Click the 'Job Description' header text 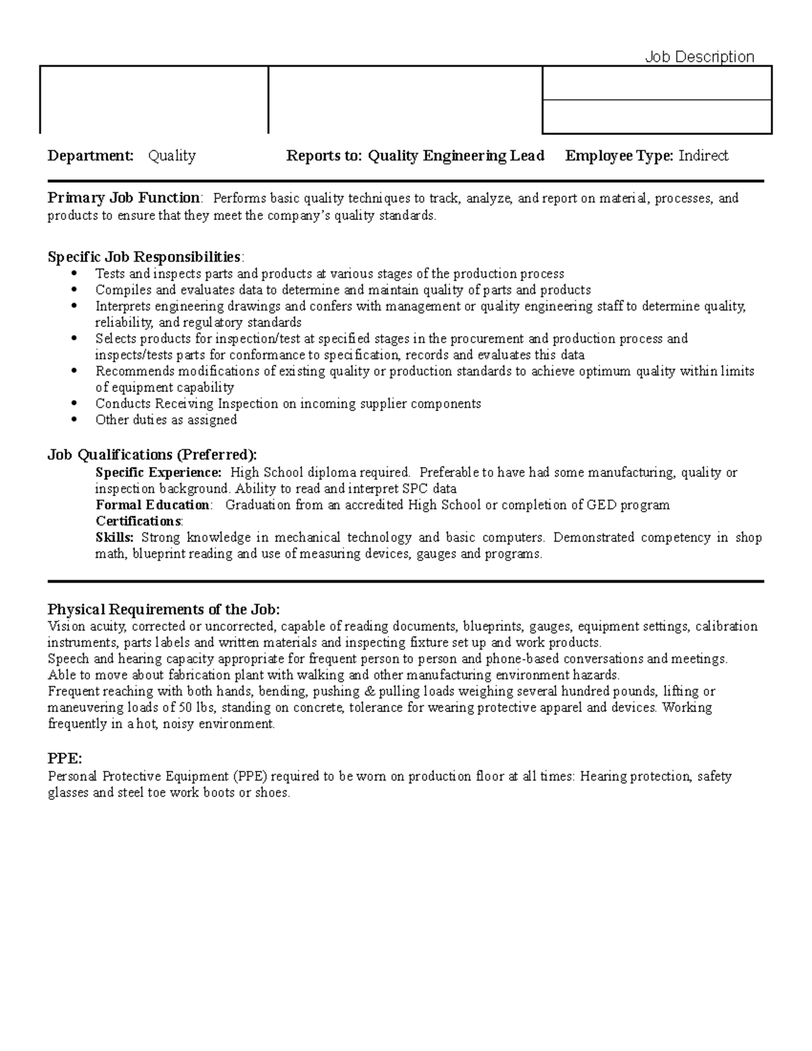pos(699,57)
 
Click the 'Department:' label pos(91,156)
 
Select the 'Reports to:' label pos(324,156)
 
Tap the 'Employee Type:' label pos(619,156)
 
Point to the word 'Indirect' pos(703,156)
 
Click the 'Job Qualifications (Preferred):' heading pos(152,455)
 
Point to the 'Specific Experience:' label pos(158,472)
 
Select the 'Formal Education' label pos(152,505)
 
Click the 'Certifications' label pos(138,521)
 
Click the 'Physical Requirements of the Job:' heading pos(163,609)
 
